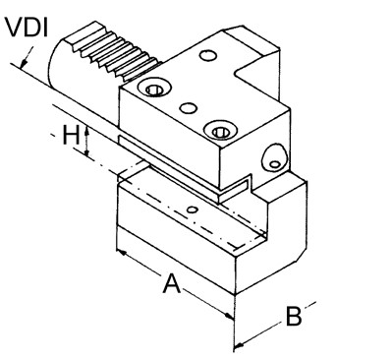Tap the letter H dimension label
71,136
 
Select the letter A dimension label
172,283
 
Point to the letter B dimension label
294,317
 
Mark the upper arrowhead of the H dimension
86,131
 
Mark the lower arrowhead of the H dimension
86,151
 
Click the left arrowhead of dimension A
122,253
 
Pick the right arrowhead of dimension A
229,316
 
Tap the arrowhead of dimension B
240,344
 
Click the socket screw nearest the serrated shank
154,88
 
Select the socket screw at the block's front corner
219,131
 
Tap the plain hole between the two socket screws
189,107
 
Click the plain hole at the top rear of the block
208,55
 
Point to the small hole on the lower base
194,210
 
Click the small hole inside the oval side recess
275,164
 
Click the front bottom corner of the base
235,294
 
